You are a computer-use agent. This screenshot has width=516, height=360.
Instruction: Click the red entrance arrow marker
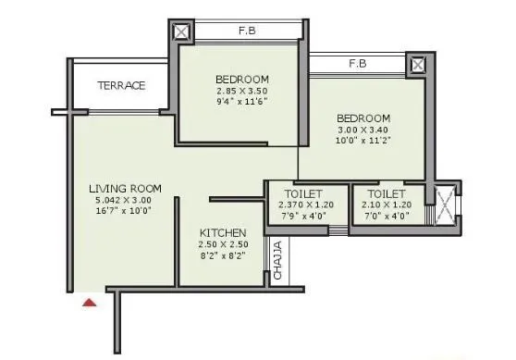tap(89, 301)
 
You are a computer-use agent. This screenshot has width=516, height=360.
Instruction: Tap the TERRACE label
tap(122, 86)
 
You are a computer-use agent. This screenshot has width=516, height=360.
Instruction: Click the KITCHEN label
tap(224, 232)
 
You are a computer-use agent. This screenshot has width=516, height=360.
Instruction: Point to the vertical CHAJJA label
tap(277, 261)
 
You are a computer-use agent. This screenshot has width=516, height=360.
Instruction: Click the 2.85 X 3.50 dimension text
tap(241, 93)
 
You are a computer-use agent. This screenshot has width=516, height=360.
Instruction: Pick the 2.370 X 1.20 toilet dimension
tap(294, 205)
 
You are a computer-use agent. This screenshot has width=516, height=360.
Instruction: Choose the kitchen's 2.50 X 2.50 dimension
tap(224, 244)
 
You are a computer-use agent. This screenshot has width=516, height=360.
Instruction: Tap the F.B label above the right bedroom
tap(357, 65)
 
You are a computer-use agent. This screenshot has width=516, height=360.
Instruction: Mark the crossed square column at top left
tap(182, 31)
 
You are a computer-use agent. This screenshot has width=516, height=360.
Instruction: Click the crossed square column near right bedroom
tap(418, 65)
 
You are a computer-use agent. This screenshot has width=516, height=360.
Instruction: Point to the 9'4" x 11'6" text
tap(241, 104)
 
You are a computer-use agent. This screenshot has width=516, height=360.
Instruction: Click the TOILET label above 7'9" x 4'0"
tap(294, 194)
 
